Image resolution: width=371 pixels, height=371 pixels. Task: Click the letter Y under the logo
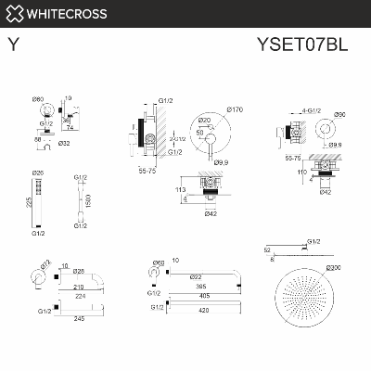13,43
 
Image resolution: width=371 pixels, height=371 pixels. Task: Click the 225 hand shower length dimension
29,202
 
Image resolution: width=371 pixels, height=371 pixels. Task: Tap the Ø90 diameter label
339,114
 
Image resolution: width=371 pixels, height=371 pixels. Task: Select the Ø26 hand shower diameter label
38,173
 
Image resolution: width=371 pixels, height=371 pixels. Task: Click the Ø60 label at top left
38,98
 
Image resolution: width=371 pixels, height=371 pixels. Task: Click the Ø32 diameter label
64,144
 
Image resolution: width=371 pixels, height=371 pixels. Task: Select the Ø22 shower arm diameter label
194,275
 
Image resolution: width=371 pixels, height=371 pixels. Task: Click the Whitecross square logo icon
13,13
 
